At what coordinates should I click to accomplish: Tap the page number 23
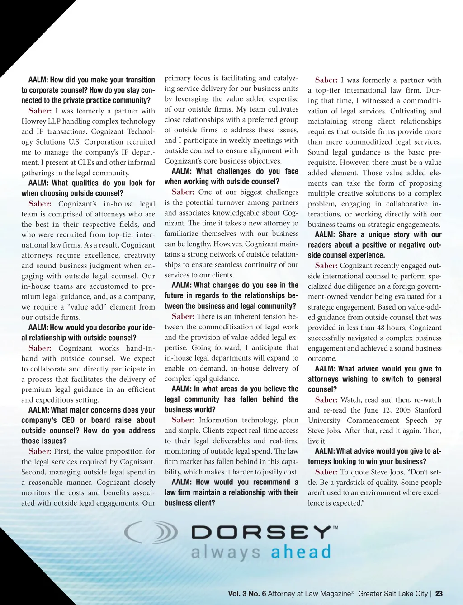(439, 594)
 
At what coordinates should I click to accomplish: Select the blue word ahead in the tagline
(301, 552)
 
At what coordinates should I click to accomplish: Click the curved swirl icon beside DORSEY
(151, 532)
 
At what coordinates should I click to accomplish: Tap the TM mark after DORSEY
(335, 527)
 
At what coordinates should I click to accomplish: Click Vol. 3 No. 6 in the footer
(247, 594)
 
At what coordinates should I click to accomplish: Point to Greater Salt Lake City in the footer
(392, 594)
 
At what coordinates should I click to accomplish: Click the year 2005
(402, 410)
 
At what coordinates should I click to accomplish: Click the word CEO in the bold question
(68, 420)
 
